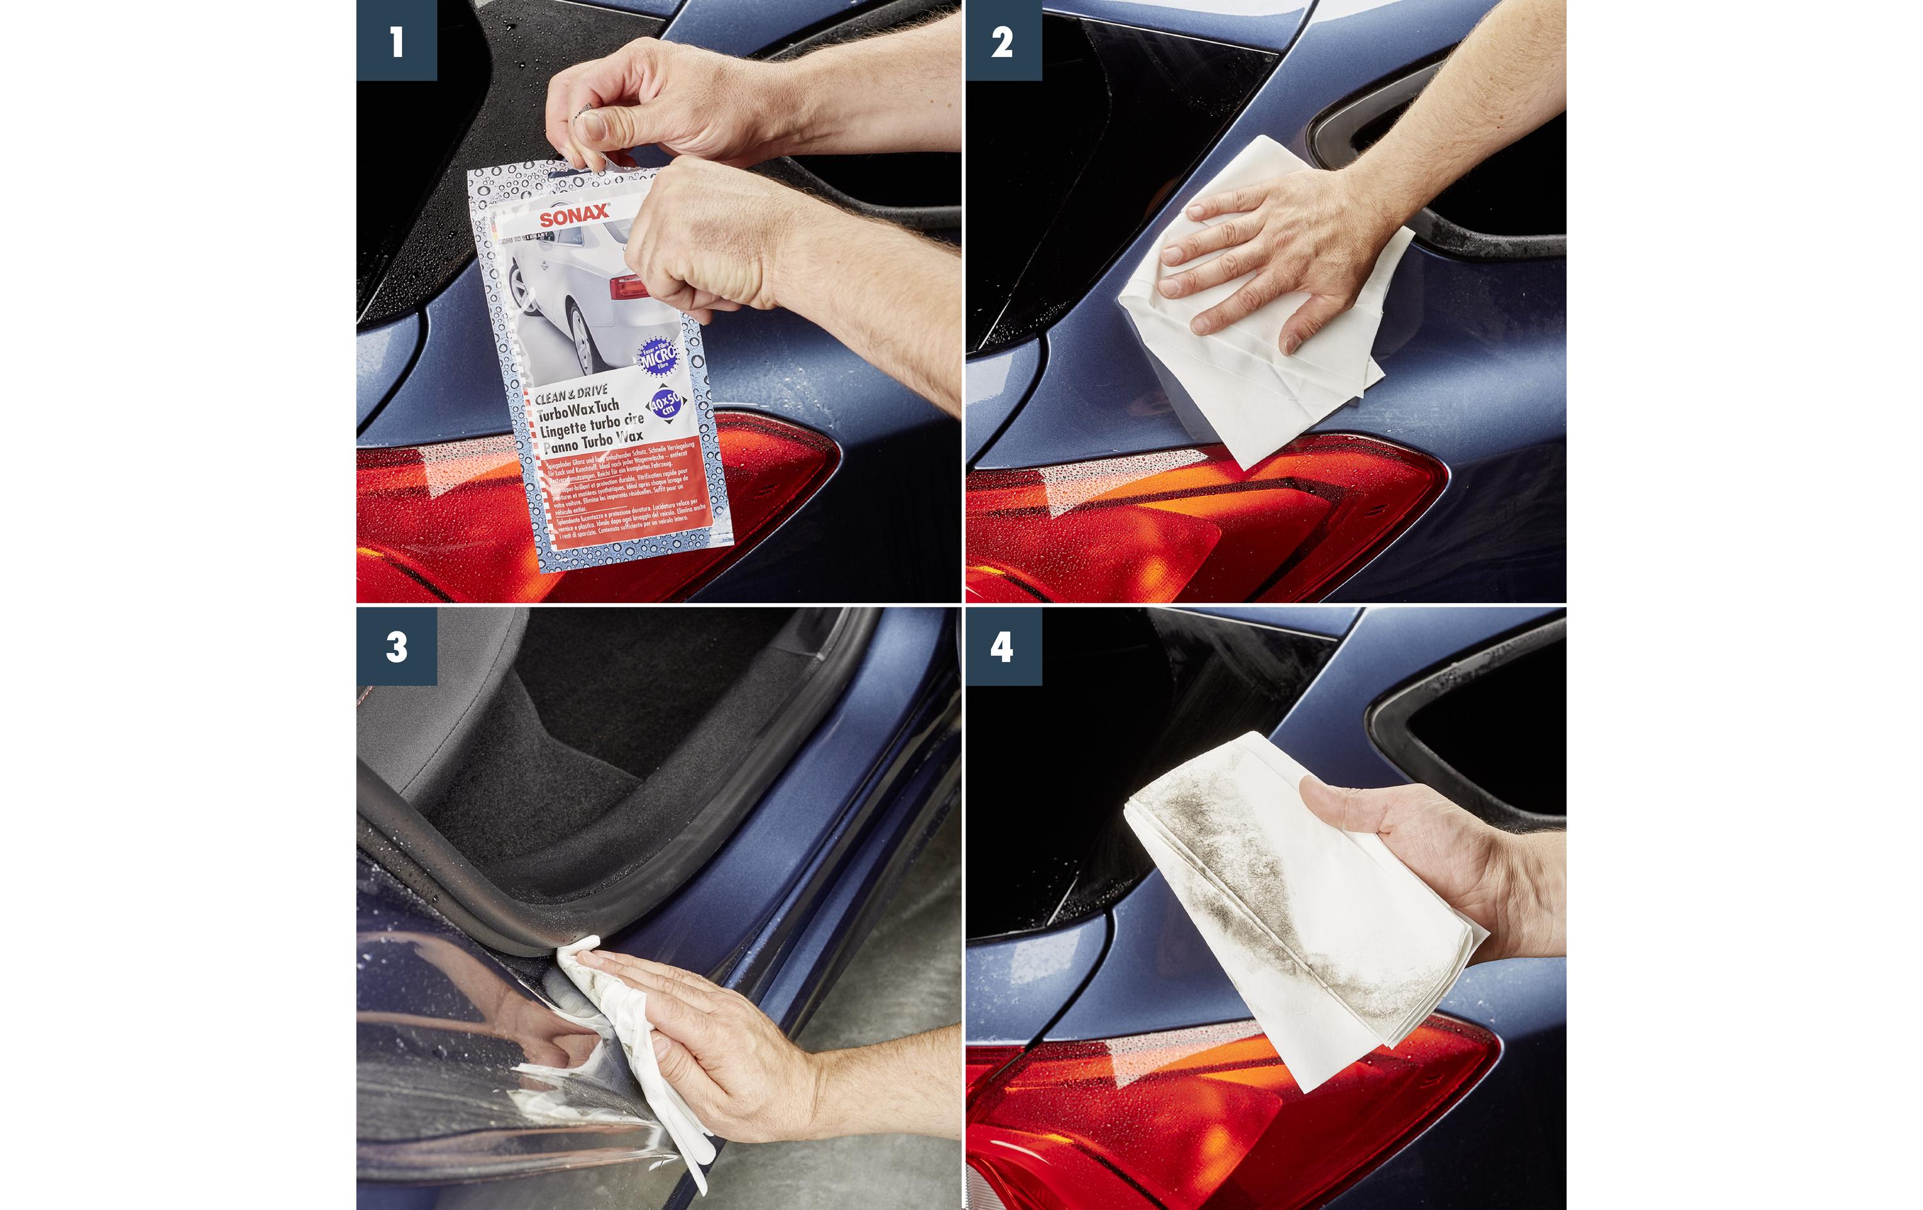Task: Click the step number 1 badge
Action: click(396, 40)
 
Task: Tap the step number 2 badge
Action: click(1003, 40)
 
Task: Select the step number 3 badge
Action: click(396, 646)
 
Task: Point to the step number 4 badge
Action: click(1003, 646)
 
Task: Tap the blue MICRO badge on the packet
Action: click(659, 357)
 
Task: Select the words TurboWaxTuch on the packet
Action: click(578, 411)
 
